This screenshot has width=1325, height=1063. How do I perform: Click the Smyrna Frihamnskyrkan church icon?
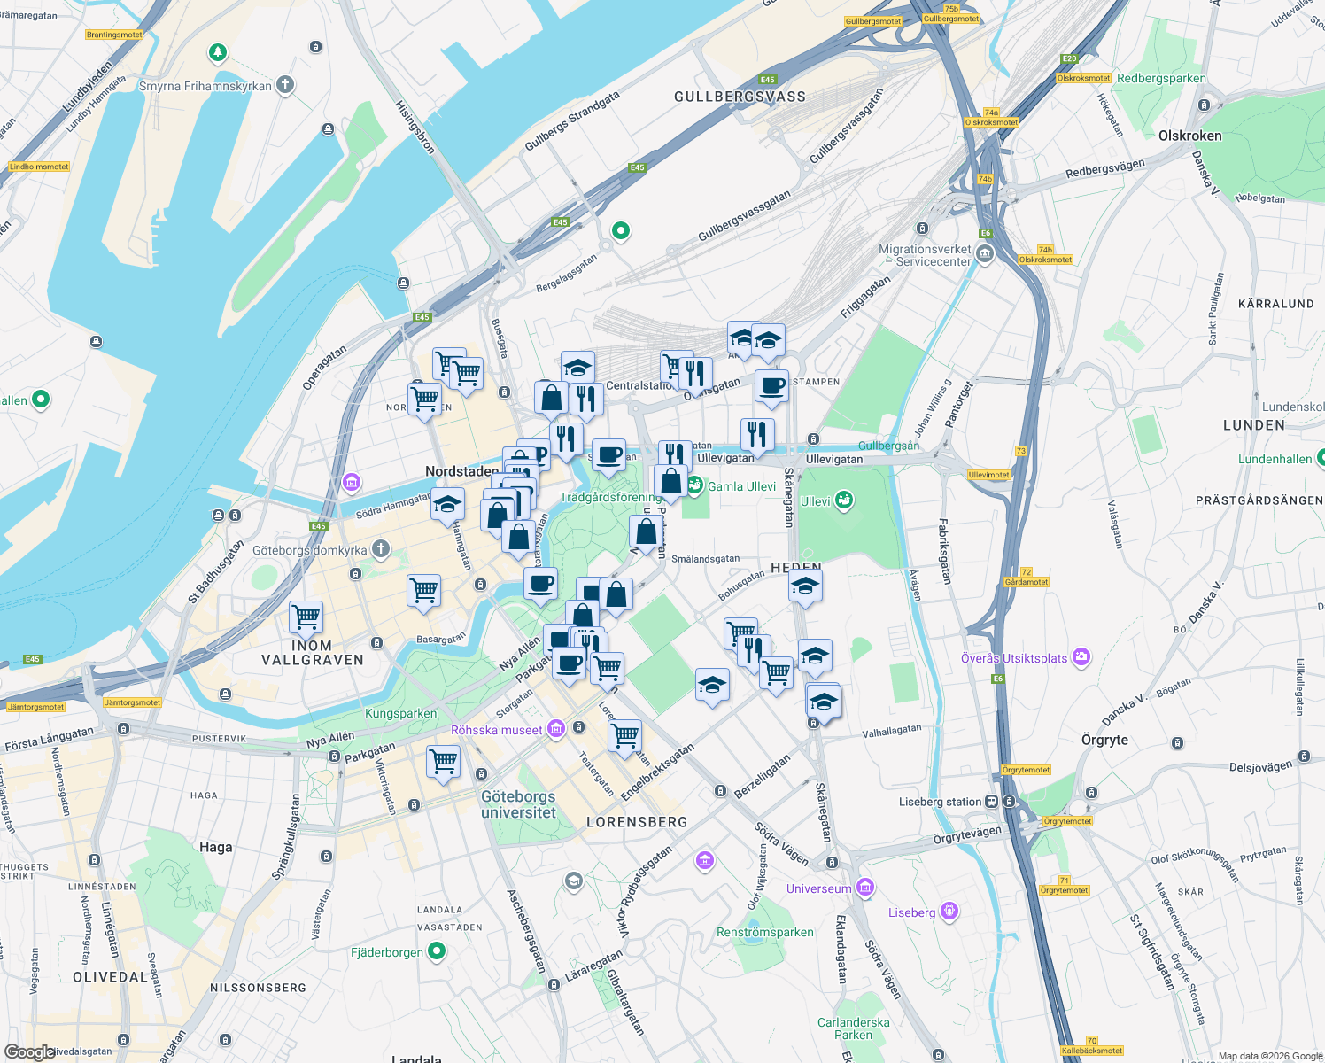pos(284,85)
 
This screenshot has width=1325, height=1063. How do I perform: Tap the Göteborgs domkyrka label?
pos(309,550)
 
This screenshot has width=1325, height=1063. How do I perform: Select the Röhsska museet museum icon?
pos(556,729)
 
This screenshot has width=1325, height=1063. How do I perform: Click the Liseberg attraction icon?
pos(949,912)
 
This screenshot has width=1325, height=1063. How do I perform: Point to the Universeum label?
pos(818,888)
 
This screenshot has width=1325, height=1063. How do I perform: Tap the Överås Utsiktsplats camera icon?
pos(1081,657)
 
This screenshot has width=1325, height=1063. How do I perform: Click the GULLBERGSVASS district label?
pos(740,97)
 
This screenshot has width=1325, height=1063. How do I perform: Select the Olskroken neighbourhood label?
pos(1189,136)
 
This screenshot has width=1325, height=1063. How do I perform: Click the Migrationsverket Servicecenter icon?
pos(985,255)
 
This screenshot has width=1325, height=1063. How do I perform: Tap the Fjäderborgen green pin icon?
pos(437,951)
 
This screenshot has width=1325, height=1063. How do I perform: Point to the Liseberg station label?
pos(940,802)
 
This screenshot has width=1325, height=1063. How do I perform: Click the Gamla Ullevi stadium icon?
pos(695,485)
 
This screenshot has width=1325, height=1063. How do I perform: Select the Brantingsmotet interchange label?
pos(114,35)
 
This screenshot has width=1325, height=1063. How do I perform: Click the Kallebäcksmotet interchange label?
pos(1091,1051)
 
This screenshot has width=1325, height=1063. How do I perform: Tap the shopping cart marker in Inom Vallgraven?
pos(306,617)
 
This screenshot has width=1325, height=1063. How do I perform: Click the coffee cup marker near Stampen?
pos(771,386)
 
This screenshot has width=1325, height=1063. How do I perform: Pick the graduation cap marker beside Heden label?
pos(805,586)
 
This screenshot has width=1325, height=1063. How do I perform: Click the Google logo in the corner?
pos(29,1052)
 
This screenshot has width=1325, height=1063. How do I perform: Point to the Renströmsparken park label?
pos(764,932)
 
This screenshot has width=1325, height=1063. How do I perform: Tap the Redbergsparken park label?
pos(1161,78)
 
